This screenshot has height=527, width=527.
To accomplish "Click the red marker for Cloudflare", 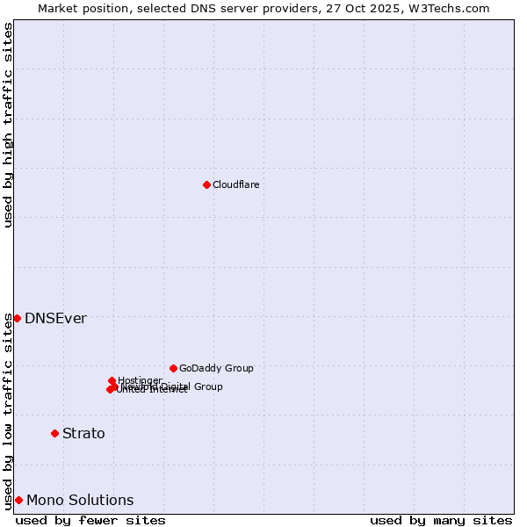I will (x=206, y=184).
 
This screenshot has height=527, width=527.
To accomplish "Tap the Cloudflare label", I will (x=235, y=184).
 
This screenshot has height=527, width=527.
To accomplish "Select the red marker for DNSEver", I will (x=17, y=318).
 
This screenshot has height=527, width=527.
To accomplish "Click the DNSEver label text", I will (x=55, y=319).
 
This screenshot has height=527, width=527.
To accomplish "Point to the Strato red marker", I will (x=54, y=433).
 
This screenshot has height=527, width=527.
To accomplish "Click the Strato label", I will (x=83, y=434).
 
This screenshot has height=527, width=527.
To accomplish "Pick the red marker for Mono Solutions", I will (x=18, y=500).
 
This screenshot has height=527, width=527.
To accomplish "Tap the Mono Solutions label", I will (x=80, y=501).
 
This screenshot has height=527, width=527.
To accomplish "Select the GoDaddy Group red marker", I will (x=173, y=368).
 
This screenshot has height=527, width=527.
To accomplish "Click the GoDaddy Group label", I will (x=216, y=369).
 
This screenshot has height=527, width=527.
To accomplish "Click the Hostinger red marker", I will (x=112, y=380).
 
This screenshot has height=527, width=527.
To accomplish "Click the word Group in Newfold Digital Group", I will (x=208, y=386).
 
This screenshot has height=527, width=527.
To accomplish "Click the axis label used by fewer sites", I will (x=90, y=521).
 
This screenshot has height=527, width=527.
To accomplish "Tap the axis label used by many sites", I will (x=441, y=521).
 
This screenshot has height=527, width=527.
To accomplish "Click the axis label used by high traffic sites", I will (x=9, y=125).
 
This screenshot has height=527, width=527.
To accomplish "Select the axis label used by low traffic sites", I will (x=9, y=411).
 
